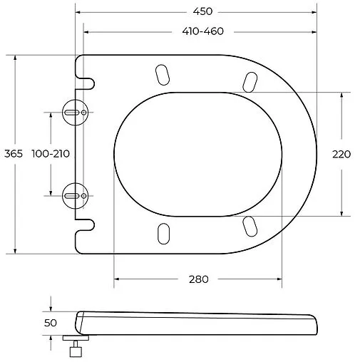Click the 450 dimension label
click(x=202, y=11)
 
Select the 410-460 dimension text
click(x=203, y=31)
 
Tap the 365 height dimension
click(x=14, y=154)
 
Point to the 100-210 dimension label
click(x=51, y=154)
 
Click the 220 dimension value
click(x=341, y=155)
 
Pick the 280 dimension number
click(x=199, y=279)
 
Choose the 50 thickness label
click(x=51, y=323)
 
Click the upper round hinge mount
click(x=75, y=113)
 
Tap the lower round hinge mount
click(x=75, y=196)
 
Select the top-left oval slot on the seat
click(x=163, y=75)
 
